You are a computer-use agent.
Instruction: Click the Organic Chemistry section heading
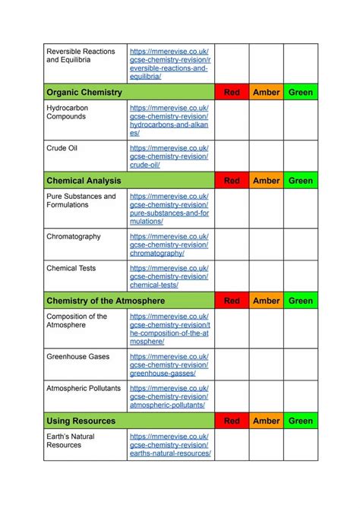(x=84, y=93)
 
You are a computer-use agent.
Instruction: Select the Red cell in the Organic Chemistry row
(x=232, y=93)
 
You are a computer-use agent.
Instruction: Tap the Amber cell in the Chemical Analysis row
(x=266, y=181)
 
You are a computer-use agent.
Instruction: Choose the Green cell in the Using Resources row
(x=301, y=421)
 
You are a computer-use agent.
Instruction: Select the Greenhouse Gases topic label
(x=78, y=357)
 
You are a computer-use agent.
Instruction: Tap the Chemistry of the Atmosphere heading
(x=106, y=301)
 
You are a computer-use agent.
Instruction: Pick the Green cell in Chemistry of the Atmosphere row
(x=301, y=301)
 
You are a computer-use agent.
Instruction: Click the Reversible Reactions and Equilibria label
(x=81, y=56)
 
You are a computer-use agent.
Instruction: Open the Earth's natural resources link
(x=170, y=445)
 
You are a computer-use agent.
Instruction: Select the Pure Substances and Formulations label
(x=81, y=200)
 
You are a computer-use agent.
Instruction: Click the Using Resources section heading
(x=81, y=421)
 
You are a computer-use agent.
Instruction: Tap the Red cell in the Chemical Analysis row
(x=232, y=181)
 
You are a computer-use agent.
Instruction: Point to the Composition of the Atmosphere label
(x=77, y=320)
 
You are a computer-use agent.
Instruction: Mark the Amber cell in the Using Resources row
(x=266, y=421)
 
